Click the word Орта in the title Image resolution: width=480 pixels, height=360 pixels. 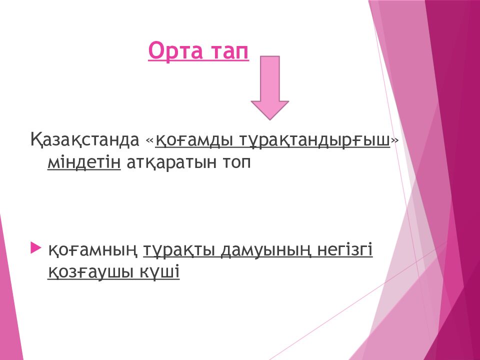coord(175,51)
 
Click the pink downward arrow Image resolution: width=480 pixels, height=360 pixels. coord(269,87)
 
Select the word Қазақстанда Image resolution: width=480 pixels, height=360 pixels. coord(85,140)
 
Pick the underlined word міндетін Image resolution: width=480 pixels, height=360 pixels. coord(84,162)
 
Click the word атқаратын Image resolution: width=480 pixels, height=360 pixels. coord(171,162)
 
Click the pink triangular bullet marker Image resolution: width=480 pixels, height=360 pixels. coord(36,248)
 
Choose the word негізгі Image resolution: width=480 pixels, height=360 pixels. coord(345,250)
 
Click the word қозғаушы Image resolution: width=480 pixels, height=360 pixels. coord(90,272)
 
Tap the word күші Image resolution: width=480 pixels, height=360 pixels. coord(160,271)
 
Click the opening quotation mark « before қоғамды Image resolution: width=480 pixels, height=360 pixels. coord(149,141)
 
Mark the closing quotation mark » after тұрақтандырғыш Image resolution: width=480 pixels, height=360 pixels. coord(395,141)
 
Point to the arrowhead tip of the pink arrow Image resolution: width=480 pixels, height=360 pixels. coord(269,119)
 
